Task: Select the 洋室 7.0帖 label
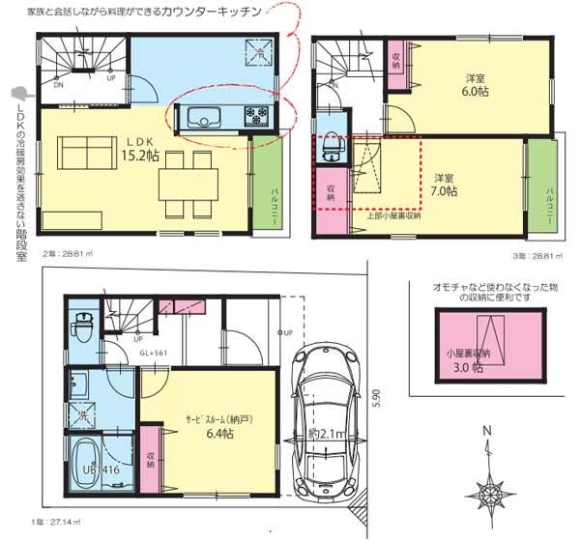[445, 185]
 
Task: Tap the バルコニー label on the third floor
[548, 193]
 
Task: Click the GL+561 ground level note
[154, 354]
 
